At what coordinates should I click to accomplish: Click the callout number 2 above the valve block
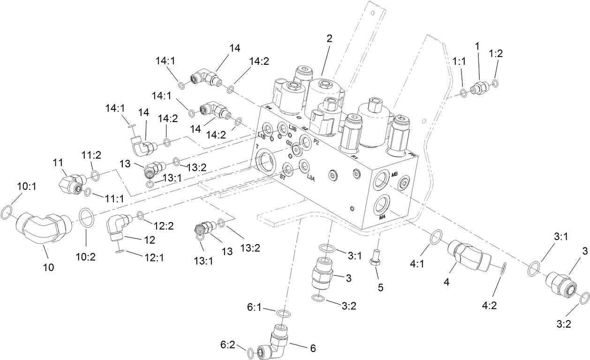click(x=330, y=39)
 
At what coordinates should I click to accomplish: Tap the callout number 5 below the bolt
click(x=380, y=287)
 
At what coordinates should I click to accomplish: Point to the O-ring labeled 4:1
click(x=435, y=237)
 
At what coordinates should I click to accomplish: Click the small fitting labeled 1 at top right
click(x=480, y=87)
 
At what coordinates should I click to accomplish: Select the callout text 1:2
click(x=495, y=54)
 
